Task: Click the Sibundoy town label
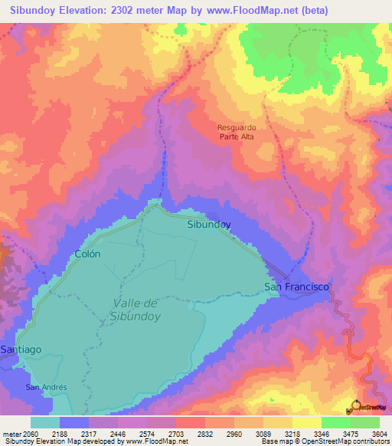209,225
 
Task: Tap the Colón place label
87,254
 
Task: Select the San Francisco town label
296,287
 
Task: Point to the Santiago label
21,349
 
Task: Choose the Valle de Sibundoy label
134,309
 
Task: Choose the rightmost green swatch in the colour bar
364,422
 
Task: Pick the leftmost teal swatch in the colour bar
45,422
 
